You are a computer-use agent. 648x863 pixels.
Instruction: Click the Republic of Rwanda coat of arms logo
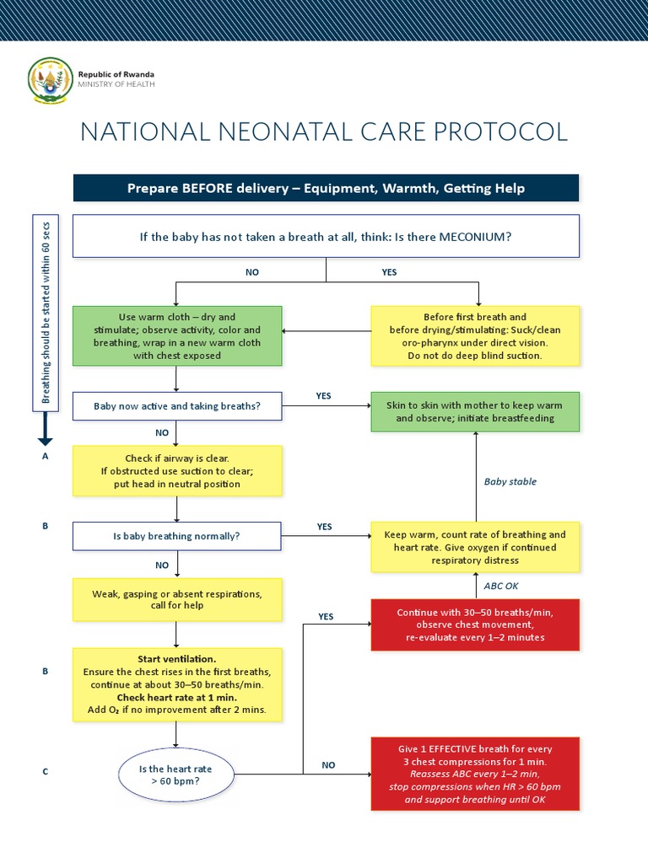coord(49,78)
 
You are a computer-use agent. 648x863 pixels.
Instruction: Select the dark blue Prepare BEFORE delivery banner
coord(326,188)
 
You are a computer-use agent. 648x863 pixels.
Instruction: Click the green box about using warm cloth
coord(176,335)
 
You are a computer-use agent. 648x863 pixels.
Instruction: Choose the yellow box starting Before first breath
coord(475,335)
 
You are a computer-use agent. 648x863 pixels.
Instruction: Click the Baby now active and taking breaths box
coord(176,406)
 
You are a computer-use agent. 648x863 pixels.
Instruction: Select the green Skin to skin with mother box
coord(475,411)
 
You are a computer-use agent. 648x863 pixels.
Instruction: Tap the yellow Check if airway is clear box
coord(176,471)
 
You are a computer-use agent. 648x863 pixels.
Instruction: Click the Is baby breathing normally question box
coord(176,535)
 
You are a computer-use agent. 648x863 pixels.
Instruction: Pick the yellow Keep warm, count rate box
coord(475,546)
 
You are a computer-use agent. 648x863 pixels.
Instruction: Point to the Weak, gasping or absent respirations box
coord(176,599)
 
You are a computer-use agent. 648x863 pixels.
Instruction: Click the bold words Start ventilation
coord(177,658)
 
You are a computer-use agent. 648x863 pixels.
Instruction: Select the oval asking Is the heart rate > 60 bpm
coord(175,775)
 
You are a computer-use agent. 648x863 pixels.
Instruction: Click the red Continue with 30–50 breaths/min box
coord(475,624)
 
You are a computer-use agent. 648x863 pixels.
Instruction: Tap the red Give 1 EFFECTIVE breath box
coord(475,773)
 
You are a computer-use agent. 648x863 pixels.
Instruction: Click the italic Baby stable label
coord(510,482)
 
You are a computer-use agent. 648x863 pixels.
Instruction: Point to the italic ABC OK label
coord(501,585)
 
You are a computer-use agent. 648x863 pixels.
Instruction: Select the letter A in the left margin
coord(46,456)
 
